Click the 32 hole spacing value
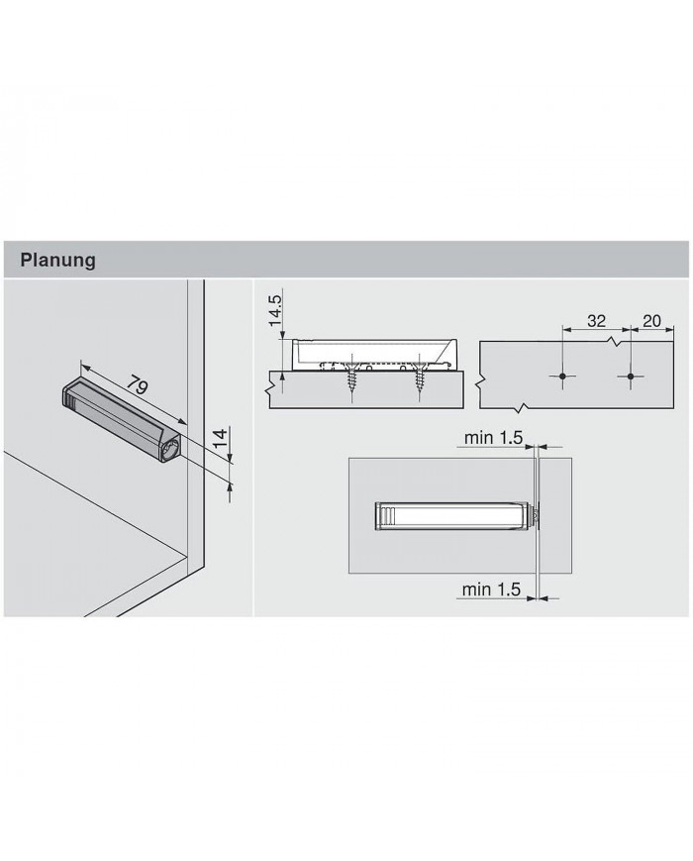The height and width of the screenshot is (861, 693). tap(596, 321)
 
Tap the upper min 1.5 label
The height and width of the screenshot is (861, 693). tap(492, 438)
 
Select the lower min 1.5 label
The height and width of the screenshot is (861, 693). tap(491, 590)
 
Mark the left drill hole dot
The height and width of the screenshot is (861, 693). tap(562, 377)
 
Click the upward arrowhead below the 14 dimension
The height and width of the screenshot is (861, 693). tap(230, 484)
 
